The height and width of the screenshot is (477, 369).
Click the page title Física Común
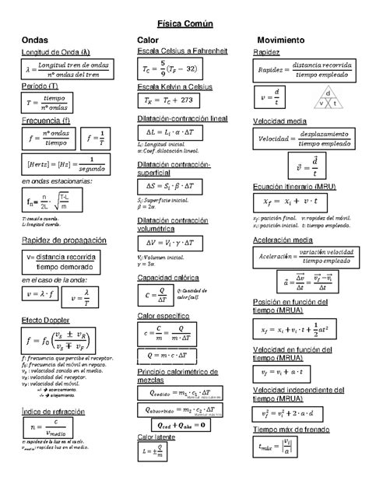click(x=184, y=24)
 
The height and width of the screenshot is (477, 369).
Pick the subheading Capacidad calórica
click(x=167, y=278)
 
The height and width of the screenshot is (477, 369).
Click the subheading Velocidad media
click(x=283, y=121)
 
